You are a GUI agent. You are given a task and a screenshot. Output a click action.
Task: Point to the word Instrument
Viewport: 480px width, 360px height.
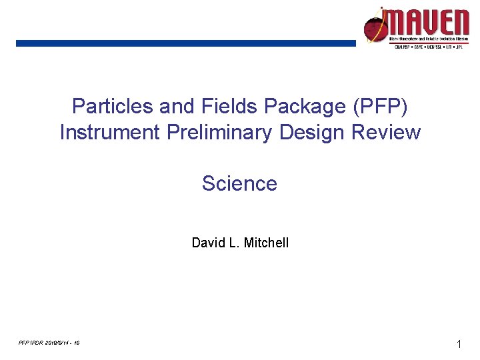tap(109, 133)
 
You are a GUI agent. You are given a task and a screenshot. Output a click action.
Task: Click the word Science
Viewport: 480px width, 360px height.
tap(239, 183)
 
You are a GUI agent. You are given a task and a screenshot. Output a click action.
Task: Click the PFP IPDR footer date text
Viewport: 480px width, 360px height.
tap(50, 343)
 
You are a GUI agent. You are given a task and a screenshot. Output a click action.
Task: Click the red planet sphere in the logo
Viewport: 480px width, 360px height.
tap(374, 28)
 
